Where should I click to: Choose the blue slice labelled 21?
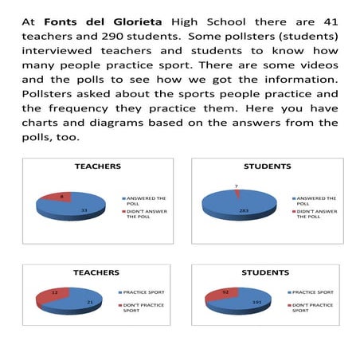click(x=80, y=303)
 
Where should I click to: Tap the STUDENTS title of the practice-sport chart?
click(x=265, y=272)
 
